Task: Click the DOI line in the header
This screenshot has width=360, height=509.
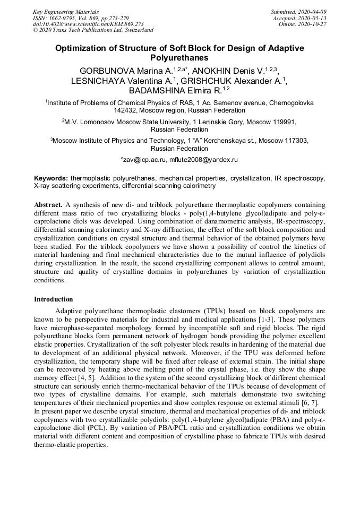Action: click(88, 24)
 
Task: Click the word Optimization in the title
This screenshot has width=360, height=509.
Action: click(83, 48)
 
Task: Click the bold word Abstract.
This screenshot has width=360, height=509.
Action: click(48, 204)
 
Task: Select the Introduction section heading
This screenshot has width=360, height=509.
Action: click(54, 299)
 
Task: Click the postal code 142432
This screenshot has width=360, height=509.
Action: click(126, 111)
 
